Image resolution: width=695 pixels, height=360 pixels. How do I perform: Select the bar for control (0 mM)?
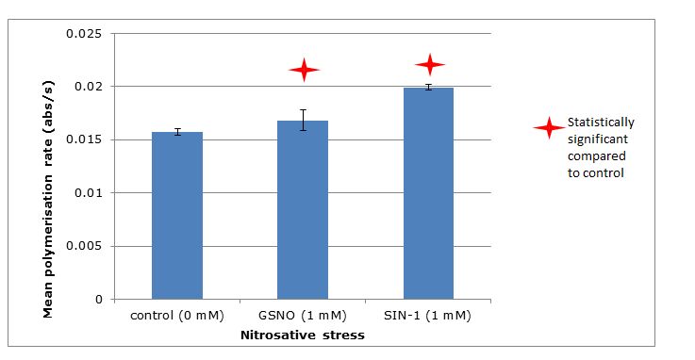point(177,216)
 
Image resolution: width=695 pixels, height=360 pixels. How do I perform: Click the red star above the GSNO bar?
point(304,70)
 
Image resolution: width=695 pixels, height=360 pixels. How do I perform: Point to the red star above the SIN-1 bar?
point(430,64)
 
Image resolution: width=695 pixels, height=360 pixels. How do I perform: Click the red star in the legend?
point(547,129)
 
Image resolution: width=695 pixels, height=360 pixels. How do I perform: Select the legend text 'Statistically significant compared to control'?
point(600,148)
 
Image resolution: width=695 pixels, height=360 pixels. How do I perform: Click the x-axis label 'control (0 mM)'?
point(176,316)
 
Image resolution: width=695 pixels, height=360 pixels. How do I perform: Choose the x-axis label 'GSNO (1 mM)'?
point(303,316)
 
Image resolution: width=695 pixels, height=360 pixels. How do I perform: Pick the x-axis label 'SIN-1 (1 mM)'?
point(428,316)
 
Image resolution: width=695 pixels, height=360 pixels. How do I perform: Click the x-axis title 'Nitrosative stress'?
point(302,334)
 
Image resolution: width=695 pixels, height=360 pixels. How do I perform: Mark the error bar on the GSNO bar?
point(303,120)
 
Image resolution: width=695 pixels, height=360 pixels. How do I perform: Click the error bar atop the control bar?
point(177,132)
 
